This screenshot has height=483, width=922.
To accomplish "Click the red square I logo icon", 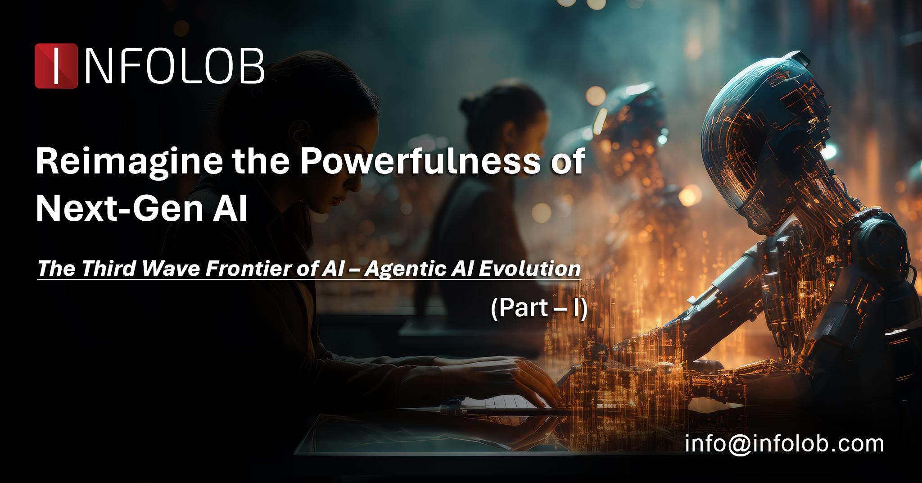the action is tap(56, 66).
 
